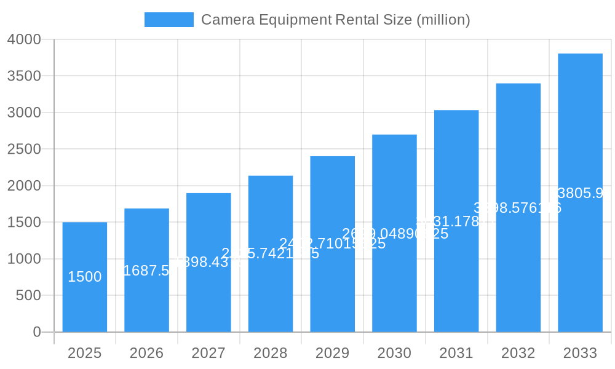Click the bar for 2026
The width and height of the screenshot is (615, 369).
pos(146,301)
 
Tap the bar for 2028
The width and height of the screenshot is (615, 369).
pos(270,289)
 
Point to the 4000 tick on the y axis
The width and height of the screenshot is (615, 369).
pos(24,39)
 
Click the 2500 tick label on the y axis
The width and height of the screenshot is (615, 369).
pos(24,149)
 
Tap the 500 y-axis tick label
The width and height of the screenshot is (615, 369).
pos(28,296)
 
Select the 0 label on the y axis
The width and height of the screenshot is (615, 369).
pos(36,332)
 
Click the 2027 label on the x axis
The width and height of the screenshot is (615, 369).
pos(208,353)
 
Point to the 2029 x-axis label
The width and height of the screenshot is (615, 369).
pos(332,353)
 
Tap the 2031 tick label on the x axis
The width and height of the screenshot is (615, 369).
pos(456,353)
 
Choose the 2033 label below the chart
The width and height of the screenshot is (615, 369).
pos(580,353)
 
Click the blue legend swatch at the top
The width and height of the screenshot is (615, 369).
pos(169,20)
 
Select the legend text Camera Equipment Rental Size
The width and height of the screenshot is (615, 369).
pos(335,20)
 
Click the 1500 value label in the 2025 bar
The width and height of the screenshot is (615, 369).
pos(84,277)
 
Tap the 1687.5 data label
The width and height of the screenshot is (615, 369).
pos(146,271)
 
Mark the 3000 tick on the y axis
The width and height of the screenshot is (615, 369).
pos(24,113)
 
